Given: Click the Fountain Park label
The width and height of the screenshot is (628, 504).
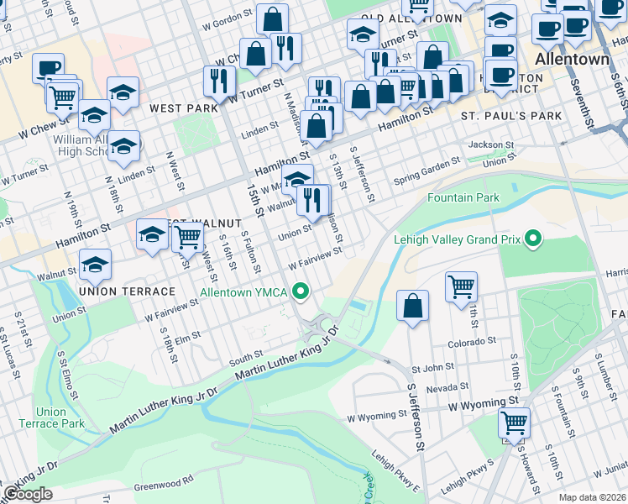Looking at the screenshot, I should [463, 197].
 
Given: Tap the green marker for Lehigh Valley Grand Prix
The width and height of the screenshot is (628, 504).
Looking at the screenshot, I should [531, 240].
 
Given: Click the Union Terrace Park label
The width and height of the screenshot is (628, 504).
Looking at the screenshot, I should [60, 417].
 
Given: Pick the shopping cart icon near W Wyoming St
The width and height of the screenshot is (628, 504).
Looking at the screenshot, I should [514, 423].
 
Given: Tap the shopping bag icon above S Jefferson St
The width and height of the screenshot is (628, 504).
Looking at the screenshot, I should [412, 307].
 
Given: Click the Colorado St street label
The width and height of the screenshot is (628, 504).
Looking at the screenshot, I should [471, 342].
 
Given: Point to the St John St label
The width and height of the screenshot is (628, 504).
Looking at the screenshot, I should [432, 367].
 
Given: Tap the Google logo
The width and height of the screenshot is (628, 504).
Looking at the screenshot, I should [28, 494].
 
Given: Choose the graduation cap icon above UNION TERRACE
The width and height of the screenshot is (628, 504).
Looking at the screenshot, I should [96, 264].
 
